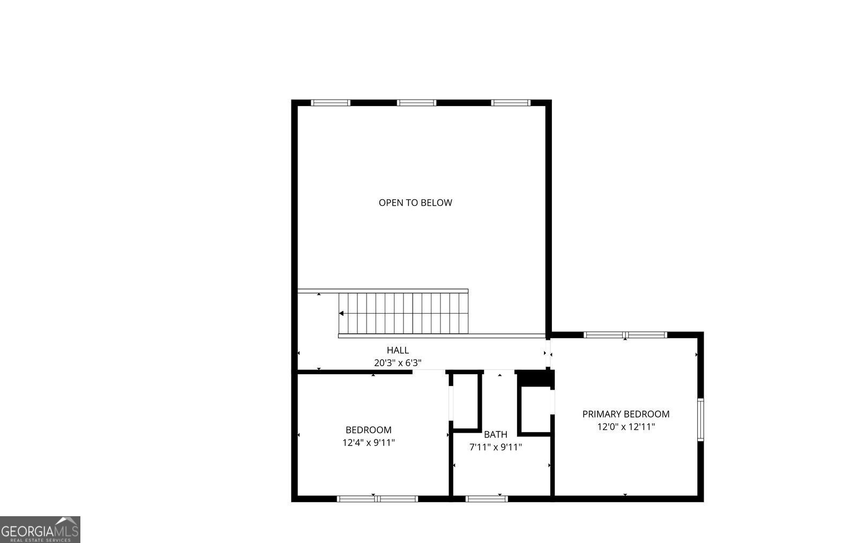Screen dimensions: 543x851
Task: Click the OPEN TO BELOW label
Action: [415, 203]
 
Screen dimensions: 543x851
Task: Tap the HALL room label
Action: [398, 350]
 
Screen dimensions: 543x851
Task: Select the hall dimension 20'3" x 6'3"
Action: [398, 363]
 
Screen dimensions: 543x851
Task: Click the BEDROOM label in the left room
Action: [368, 430]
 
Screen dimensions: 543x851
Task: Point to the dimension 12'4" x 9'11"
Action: [368, 443]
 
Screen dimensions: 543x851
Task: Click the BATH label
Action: [495, 434]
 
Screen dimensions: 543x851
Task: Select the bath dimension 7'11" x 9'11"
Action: [495, 447]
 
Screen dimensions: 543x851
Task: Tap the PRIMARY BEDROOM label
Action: [625, 414]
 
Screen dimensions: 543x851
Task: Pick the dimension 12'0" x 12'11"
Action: [625, 427]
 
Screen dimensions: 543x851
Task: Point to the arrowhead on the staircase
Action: [341, 313]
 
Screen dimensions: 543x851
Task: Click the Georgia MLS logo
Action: [40, 529]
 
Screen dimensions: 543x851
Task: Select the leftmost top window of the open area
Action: [331, 103]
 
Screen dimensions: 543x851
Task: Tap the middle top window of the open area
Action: [416, 103]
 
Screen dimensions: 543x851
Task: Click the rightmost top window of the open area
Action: [511, 103]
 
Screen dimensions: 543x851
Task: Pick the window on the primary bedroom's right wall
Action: [700, 420]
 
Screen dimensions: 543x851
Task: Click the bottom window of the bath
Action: [486, 499]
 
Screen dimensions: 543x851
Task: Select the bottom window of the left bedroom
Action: [377, 499]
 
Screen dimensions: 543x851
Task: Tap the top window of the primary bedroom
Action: [625, 335]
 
